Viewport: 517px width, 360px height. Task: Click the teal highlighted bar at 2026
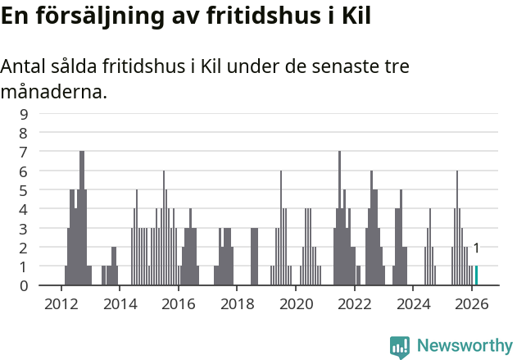[476, 276]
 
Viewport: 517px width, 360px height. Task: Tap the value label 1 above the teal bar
[476, 248]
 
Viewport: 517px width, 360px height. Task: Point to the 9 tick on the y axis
[24, 114]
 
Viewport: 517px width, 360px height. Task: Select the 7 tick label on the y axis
[24, 152]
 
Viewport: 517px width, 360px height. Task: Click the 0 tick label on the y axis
[24, 285]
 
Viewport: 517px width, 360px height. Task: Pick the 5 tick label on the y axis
[24, 190]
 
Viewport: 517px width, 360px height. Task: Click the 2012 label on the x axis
[61, 303]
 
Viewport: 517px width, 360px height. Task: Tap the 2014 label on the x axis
[120, 303]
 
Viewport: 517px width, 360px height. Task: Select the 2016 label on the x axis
[178, 303]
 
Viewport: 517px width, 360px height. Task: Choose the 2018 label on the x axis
[237, 303]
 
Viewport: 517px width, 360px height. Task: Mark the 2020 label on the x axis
[296, 303]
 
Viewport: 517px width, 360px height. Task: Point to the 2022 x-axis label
[355, 303]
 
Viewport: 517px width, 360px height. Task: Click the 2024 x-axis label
[414, 303]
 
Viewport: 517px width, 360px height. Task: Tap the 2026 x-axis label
[472, 303]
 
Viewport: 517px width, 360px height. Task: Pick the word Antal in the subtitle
[25, 67]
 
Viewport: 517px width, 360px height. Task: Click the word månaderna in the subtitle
[53, 92]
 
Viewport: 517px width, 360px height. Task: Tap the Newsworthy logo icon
[400, 347]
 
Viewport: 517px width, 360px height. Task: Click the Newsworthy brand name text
[464, 346]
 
